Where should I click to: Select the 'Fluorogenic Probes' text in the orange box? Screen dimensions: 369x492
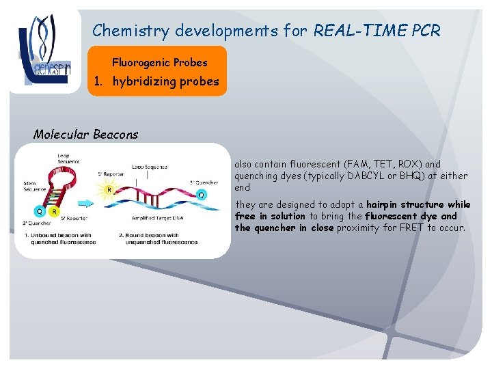[159, 63]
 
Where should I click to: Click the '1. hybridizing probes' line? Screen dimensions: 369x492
[156, 82]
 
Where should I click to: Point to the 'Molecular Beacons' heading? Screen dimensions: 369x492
[85, 135]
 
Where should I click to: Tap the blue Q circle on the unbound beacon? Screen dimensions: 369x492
[39, 211]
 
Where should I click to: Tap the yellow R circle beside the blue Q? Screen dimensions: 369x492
[54, 211]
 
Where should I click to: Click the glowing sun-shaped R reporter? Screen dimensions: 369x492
[108, 190]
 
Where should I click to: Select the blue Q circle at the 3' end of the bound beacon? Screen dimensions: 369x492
[201, 195]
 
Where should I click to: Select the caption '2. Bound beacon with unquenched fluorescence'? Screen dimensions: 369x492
[161, 239]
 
